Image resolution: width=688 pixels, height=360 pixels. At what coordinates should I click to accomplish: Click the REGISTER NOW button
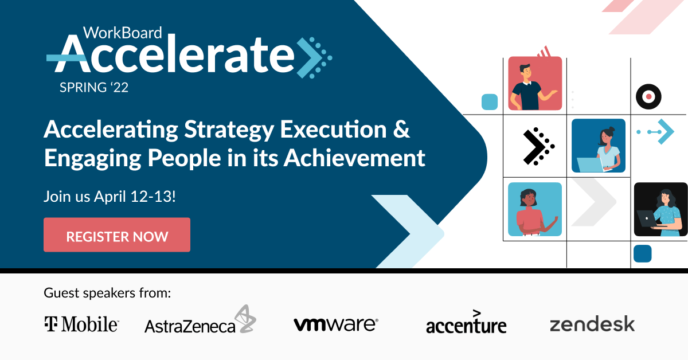point(117,235)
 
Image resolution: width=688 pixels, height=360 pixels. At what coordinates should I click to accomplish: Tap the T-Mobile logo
point(81,324)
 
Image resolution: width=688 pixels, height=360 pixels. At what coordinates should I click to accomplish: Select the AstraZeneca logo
point(200,321)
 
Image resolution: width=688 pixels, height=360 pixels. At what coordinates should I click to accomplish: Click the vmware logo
point(335,324)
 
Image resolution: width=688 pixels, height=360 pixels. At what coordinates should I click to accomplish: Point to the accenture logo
point(466,323)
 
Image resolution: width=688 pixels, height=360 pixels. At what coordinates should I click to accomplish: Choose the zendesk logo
point(592,324)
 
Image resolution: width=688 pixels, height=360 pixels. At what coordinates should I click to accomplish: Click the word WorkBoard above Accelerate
point(122,33)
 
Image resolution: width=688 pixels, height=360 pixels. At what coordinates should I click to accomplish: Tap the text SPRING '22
point(94,87)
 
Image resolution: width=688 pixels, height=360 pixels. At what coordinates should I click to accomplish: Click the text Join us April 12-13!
point(110,197)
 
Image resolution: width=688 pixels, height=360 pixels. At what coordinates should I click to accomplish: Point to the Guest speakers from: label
point(107,294)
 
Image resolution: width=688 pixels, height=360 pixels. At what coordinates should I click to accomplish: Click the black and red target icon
point(648,96)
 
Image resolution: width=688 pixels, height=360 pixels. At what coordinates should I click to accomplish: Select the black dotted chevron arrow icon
point(538,146)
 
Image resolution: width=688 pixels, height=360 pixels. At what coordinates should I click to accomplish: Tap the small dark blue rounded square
point(642,253)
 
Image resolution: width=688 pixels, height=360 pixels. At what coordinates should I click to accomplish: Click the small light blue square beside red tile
point(489,102)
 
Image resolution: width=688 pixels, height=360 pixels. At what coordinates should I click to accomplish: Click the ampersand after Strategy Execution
point(402,130)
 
